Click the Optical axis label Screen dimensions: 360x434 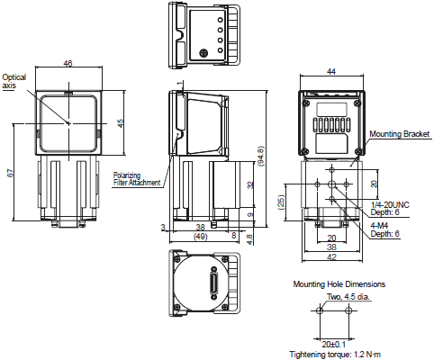point(15,82)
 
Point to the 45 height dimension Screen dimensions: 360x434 point(121,123)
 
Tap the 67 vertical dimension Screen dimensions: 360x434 point(12,175)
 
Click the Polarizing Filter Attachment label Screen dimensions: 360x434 point(137,178)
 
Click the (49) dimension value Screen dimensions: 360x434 point(201,237)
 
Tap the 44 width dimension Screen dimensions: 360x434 point(331,71)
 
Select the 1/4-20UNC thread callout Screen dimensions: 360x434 point(389,203)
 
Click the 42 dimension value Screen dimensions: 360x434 point(331,256)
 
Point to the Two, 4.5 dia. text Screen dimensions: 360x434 point(335,295)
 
